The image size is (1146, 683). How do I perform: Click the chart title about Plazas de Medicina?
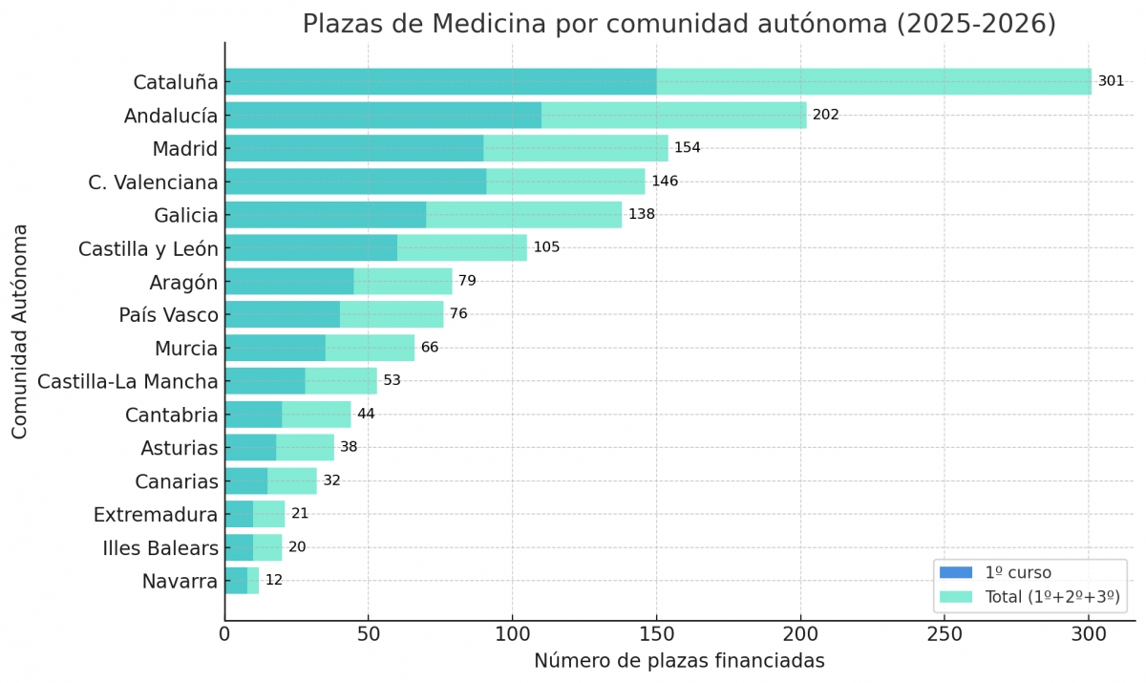click(x=679, y=24)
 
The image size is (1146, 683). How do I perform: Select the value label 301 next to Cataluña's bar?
click(x=1111, y=81)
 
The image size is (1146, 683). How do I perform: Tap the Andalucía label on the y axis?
click(x=171, y=116)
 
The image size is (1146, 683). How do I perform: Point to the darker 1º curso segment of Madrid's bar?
click(x=353, y=148)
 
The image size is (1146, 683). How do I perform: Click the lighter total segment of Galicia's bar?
click(x=523, y=215)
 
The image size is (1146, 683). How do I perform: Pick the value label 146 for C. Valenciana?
click(x=665, y=181)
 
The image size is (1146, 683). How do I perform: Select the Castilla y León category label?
click(x=148, y=249)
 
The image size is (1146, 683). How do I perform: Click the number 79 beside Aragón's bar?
click(x=467, y=281)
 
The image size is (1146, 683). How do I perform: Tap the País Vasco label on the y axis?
click(x=168, y=315)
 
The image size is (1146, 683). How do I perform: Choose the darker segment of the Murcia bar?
click(x=275, y=348)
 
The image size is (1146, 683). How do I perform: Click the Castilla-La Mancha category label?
click(x=127, y=382)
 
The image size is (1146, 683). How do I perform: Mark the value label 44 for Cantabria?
click(x=367, y=414)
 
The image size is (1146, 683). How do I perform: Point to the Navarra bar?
click(x=241, y=581)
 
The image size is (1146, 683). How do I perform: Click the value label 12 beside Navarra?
click(x=274, y=580)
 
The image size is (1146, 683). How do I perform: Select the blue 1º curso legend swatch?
click(x=955, y=573)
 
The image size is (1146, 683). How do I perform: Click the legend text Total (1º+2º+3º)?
click(x=1051, y=597)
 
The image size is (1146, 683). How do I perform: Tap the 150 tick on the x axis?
click(x=656, y=633)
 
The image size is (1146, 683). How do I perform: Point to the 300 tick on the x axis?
click(x=1088, y=633)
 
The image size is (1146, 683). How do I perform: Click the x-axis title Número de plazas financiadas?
click(x=679, y=661)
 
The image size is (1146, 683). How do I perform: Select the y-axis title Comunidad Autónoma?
click(x=20, y=331)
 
